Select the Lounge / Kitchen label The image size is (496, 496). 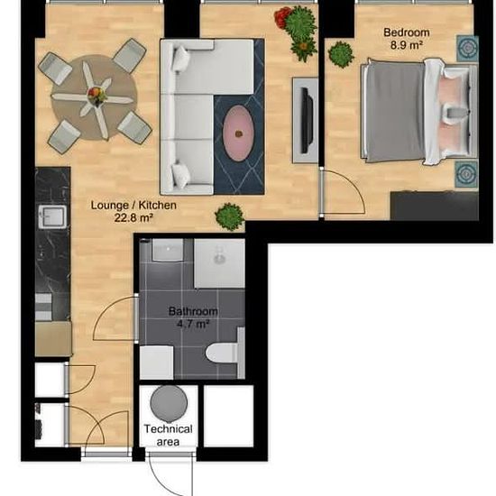[133, 205]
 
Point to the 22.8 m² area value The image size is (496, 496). [133, 217]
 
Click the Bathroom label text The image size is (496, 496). [191, 311]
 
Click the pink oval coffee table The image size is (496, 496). [238, 133]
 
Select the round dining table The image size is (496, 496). [94, 96]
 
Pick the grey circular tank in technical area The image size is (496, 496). [168, 400]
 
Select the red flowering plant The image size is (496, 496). [285, 18]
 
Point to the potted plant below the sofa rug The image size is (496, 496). [230, 216]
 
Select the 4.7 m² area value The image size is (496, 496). [191, 323]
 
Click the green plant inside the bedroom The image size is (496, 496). [341, 54]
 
